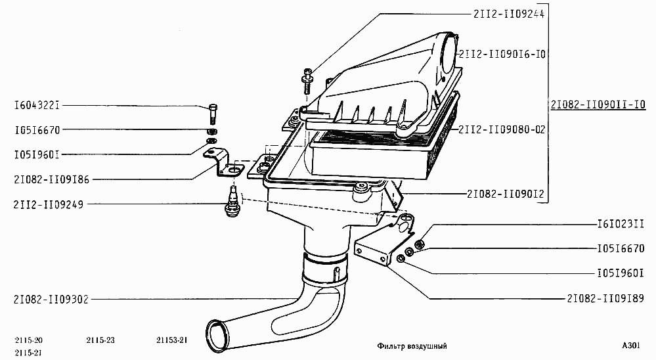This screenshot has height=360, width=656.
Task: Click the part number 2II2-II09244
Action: (x=509, y=14)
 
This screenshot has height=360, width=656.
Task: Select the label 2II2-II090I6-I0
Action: (x=502, y=55)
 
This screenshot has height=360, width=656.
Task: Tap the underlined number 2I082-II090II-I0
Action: (x=598, y=104)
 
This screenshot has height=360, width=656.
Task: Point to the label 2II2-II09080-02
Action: (x=502, y=129)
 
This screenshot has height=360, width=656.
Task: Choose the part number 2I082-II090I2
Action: (x=506, y=194)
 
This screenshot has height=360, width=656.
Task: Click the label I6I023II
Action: (x=621, y=225)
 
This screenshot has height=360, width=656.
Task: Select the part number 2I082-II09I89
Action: (x=605, y=298)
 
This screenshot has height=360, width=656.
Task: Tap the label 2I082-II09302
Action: (x=51, y=300)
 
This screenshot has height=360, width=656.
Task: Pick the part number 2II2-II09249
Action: (x=49, y=205)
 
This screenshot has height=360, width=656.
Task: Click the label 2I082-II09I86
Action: (x=51, y=179)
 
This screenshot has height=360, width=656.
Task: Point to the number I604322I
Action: (x=37, y=105)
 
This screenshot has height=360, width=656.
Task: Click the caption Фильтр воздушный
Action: (x=412, y=346)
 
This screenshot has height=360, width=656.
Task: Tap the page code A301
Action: (x=631, y=346)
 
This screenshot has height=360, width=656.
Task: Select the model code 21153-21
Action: (x=171, y=340)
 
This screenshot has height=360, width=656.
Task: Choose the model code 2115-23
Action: (x=100, y=340)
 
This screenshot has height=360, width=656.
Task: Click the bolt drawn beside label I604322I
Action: (x=213, y=114)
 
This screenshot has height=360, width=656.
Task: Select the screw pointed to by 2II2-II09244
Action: (x=307, y=81)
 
